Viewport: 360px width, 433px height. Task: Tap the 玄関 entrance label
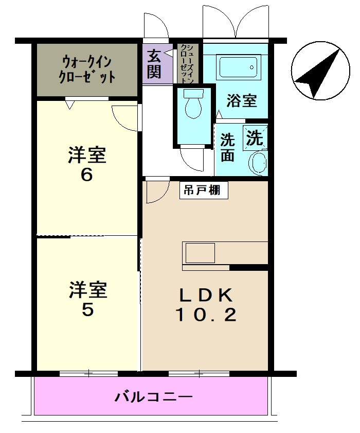pos(154,63)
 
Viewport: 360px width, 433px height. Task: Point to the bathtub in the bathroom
pos(238,67)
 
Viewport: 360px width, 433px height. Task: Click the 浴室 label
pos(241,100)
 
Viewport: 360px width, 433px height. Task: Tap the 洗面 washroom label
pos(227,147)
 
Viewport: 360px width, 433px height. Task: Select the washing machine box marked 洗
pos(255,137)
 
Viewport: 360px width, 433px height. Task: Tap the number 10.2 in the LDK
pos(206,314)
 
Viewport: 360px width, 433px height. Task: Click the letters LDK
pos(206,295)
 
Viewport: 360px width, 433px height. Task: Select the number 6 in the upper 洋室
pos(86,175)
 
